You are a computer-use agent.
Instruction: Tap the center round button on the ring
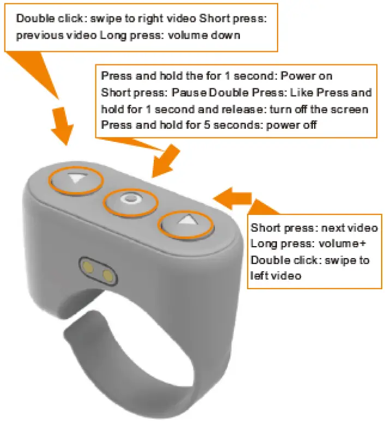(129, 200)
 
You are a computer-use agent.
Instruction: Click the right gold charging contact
(107, 276)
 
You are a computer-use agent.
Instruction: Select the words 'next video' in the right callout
(348, 227)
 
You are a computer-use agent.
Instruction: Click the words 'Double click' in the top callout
(45, 19)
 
